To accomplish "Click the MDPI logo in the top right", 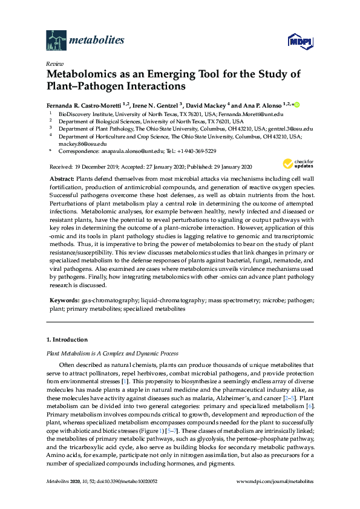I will (x=301, y=41).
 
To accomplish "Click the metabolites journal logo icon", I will (x=56, y=41).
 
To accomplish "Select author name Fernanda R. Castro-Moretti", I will (x=80, y=105).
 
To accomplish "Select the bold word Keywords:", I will (x=63, y=300).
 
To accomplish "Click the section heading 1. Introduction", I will (x=67, y=340).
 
